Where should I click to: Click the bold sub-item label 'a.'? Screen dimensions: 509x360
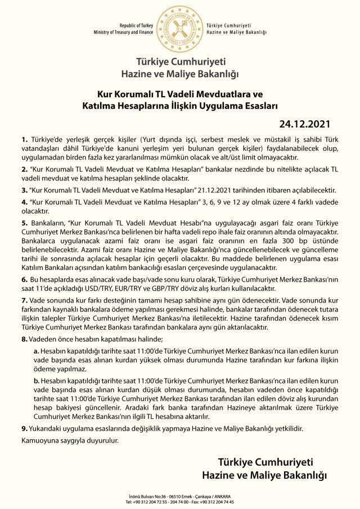[36, 350]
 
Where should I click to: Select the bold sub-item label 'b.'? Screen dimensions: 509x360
[36, 381]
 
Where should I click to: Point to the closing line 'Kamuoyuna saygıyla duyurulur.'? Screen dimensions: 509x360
[70, 442]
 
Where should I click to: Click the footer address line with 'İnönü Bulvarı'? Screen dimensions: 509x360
[179, 497]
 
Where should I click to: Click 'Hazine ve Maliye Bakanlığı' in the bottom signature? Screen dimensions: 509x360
[264, 477]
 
